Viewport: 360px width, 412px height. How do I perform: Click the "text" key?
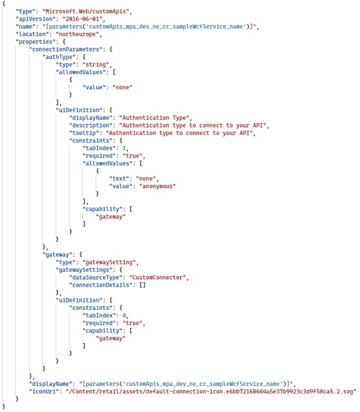click(x=120, y=178)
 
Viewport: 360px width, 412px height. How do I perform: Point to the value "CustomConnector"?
click(x=161, y=277)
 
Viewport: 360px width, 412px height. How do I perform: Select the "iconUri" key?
click(x=44, y=391)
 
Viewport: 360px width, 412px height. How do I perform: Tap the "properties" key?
click(x=38, y=41)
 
